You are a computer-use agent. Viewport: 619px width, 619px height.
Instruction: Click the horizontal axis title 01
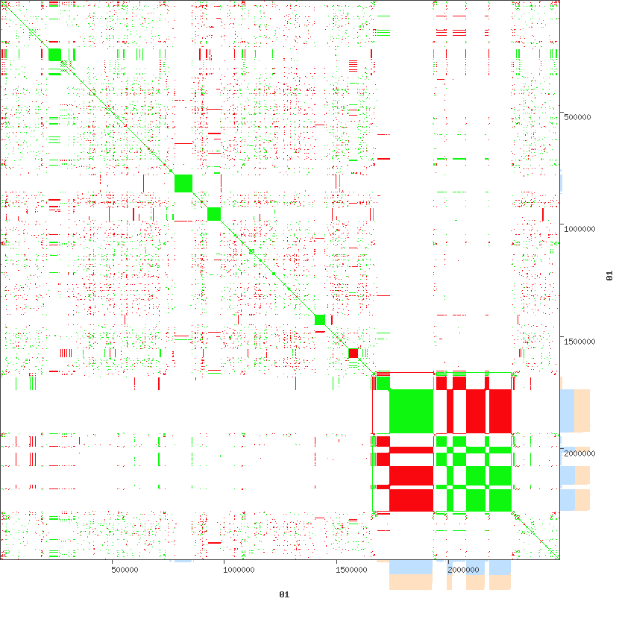pyautogui.click(x=284, y=594)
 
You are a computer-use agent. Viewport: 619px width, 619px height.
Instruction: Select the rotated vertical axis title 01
pyautogui.click(x=609, y=276)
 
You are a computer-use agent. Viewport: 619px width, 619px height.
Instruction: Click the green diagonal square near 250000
pyautogui.click(x=54, y=54)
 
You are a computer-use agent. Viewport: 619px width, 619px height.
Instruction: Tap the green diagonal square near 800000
pyautogui.click(x=183, y=183)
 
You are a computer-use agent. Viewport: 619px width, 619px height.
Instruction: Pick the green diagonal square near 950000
pyautogui.click(x=214, y=214)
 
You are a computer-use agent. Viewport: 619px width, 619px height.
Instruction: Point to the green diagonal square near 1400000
pyautogui.click(x=320, y=320)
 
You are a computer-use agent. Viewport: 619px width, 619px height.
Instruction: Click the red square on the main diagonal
pyautogui.click(x=354, y=353)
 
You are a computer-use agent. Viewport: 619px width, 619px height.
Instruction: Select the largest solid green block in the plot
pyautogui.click(x=411, y=410)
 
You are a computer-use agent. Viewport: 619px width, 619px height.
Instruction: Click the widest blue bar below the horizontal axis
pyautogui.click(x=411, y=568)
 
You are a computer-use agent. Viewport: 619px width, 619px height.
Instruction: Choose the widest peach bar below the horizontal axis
pyautogui.click(x=411, y=582)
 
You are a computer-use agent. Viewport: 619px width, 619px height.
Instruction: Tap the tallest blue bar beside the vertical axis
pyautogui.click(x=567, y=410)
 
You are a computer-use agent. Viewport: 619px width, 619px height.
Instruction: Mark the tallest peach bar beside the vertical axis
pyautogui.click(x=582, y=410)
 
